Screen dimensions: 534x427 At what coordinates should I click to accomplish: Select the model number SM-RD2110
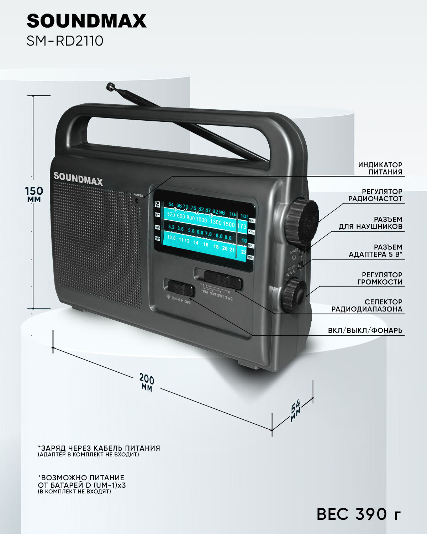[65, 41]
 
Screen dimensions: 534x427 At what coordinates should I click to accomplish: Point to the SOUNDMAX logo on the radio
[78, 179]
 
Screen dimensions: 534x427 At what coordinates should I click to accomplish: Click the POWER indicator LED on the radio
[137, 200]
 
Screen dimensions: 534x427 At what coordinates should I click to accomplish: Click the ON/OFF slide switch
[180, 288]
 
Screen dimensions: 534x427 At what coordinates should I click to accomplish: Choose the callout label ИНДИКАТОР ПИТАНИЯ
[380, 168]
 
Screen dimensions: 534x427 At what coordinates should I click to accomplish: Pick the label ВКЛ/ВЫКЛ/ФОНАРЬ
[365, 330]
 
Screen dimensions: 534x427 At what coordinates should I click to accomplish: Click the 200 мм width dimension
[146, 382]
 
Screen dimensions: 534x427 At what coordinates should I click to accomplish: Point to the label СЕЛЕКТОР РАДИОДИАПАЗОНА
[367, 305]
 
